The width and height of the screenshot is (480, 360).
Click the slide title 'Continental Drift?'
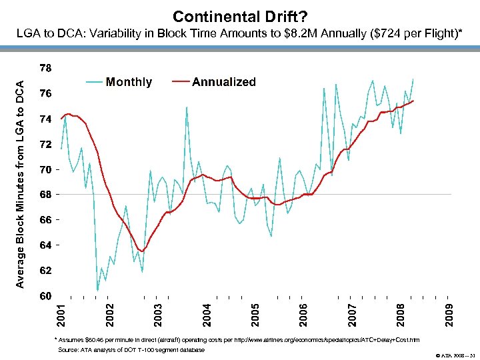coord(240,15)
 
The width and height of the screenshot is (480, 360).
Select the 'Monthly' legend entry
coord(129,82)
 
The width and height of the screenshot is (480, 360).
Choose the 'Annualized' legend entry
coord(223,82)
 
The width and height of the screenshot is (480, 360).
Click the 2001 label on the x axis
coord(61,315)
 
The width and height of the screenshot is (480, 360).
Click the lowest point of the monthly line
coord(97,291)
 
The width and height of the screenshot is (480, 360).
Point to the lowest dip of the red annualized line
coord(142,251)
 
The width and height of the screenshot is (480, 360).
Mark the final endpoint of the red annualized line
coord(414,101)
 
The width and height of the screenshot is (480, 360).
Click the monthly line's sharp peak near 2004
coord(187,107)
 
